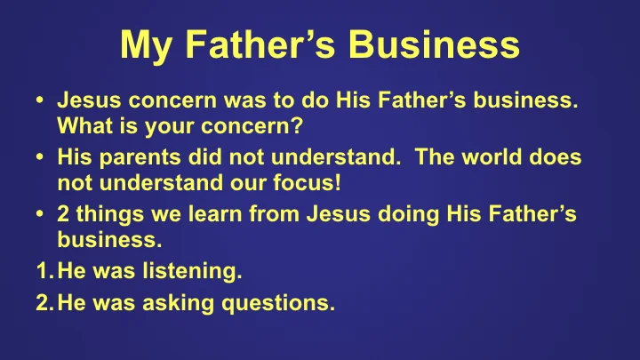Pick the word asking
pyautogui.click(x=188, y=304)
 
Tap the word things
pyautogui.click(x=106, y=212)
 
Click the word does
pyautogui.click(x=557, y=157)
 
